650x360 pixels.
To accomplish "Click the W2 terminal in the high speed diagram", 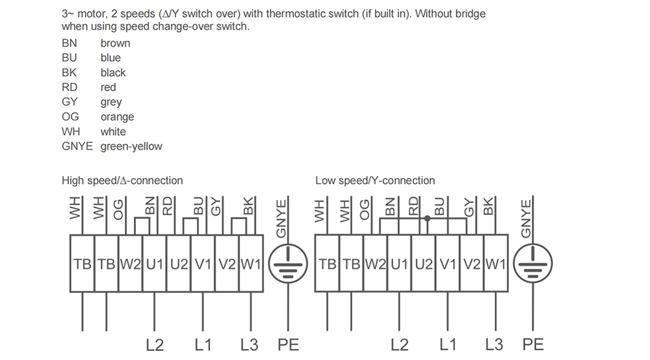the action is tap(131, 263).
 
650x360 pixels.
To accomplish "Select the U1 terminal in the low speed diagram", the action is tap(400, 263).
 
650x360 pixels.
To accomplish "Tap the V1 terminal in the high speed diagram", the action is tap(203, 263).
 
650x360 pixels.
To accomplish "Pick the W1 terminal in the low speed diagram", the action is tap(496, 263).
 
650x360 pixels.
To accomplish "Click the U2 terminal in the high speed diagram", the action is tap(179, 263).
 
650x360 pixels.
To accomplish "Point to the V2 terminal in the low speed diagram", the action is tap(472, 263).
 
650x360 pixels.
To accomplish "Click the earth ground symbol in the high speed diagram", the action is tap(288, 263).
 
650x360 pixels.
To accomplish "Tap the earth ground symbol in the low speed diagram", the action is tap(533, 263).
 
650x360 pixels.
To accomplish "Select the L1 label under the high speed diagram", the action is tap(203, 344).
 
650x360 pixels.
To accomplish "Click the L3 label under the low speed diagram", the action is tap(494, 344).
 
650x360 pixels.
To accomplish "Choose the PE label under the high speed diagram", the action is tap(288, 344).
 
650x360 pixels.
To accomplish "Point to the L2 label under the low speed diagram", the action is tap(400, 344).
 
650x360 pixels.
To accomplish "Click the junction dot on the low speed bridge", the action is tap(428, 218).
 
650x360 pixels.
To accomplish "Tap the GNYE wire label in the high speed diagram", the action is tap(281, 219).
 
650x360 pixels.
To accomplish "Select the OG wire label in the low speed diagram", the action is tap(364, 210).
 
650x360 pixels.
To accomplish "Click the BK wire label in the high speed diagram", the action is tap(248, 206).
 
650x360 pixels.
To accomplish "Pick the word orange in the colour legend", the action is tap(117, 117).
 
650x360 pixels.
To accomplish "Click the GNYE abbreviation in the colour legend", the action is tap(77, 146).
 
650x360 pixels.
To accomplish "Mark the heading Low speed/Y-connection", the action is tap(375, 181).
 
